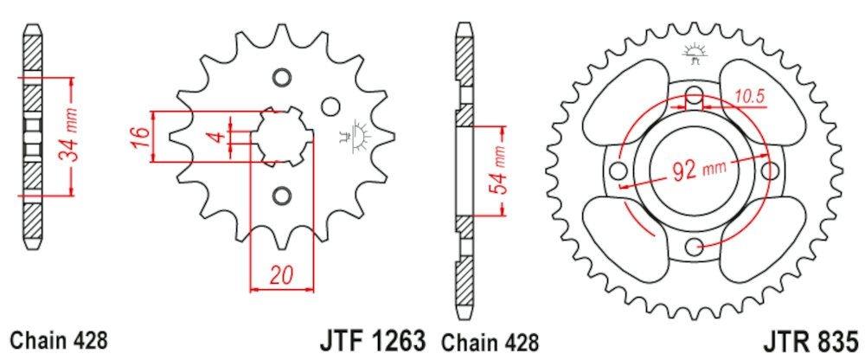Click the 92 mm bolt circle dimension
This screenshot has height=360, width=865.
(x=696, y=170)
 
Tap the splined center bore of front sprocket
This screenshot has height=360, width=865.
(x=281, y=137)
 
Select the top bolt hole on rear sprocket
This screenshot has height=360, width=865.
(x=695, y=95)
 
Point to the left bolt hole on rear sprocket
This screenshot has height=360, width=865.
(x=618, y=170)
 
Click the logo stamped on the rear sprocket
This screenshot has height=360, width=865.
(x=694, y=52)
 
